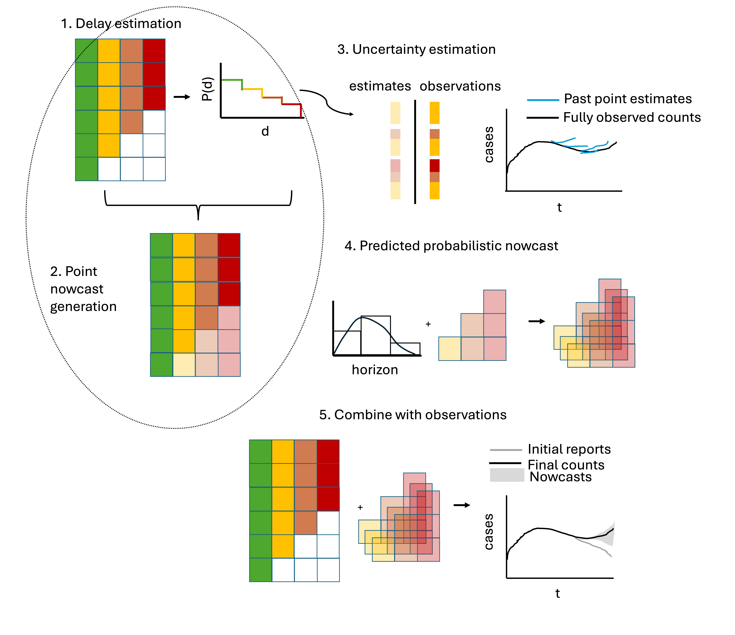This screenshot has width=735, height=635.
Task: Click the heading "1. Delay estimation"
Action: click(121, 24)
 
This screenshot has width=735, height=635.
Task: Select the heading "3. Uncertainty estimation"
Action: click(416, 49)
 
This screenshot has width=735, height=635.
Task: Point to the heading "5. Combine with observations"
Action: click(413, 415)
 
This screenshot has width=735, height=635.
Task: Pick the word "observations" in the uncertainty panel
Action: click(460, 86)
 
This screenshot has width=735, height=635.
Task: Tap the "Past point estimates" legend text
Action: click(628, 99)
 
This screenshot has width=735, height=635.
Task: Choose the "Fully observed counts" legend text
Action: click(632, 117)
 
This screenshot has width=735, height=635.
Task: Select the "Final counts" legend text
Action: click(566, 465)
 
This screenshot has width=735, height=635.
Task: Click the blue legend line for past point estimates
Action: click(543, 100)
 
